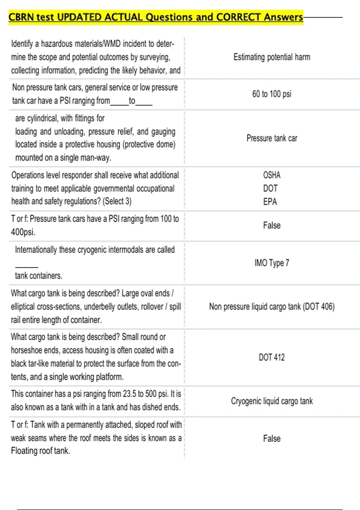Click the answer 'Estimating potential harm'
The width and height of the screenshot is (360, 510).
pyautogui.click(x=272, y=57)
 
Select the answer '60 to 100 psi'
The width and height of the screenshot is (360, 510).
pyautogui.click(x=272, y=94)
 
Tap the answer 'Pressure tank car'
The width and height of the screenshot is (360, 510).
pyautogui.click(x=272, y=138)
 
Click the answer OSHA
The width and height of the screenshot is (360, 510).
pyautogui.click(x=272, y=175)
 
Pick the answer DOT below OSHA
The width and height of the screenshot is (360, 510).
pyautogui.click(x=270, y=188)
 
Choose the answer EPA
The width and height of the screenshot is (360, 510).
pyautogui.click(x=270, y=202)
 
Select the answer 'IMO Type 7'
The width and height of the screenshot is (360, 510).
pyautogui.click(x=272, y=263)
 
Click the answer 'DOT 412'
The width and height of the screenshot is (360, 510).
pyautogui.click(x=272, y=357)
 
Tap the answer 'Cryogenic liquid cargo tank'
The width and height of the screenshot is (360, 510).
pyautogui.click(x=272, y=401)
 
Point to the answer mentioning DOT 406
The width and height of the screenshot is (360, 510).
pyautogui.click(x=272, y=307)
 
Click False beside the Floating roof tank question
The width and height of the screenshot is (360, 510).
pyautogui.click(x=272, y=439)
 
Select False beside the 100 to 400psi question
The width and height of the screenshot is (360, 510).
pyautogui.click(x=272, y=225)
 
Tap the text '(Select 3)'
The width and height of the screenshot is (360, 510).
pyautogui.click(x=117, y=201)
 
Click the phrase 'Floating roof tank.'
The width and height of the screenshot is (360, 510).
pyautogui.click(x=40, y=451)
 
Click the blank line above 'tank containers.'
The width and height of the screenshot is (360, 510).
pyautogui.click(x=26, y=267)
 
